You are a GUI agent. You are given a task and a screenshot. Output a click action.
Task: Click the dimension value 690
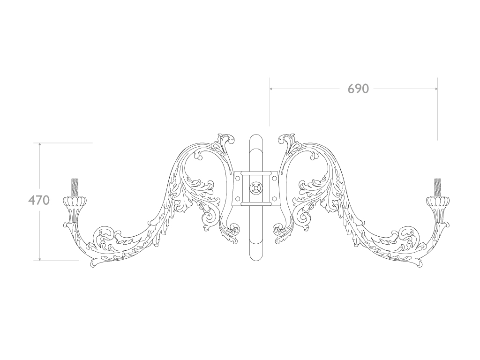[358, 89]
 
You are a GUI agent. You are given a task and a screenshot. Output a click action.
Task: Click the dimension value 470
[39, 200]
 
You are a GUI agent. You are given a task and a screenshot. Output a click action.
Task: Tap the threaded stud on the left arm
[75, 187]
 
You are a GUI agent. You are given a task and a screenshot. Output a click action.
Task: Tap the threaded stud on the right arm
[438, 187]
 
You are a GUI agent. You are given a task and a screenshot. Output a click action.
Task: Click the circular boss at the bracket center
[256, 188]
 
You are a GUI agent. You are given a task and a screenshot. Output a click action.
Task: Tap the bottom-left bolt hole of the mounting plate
[238, 199]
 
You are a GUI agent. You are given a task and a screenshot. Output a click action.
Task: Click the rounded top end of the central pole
[256, 140]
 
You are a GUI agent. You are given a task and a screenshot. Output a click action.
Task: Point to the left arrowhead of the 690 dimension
[271, 88]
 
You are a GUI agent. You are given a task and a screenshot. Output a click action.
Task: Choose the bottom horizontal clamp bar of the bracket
[256, 204]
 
